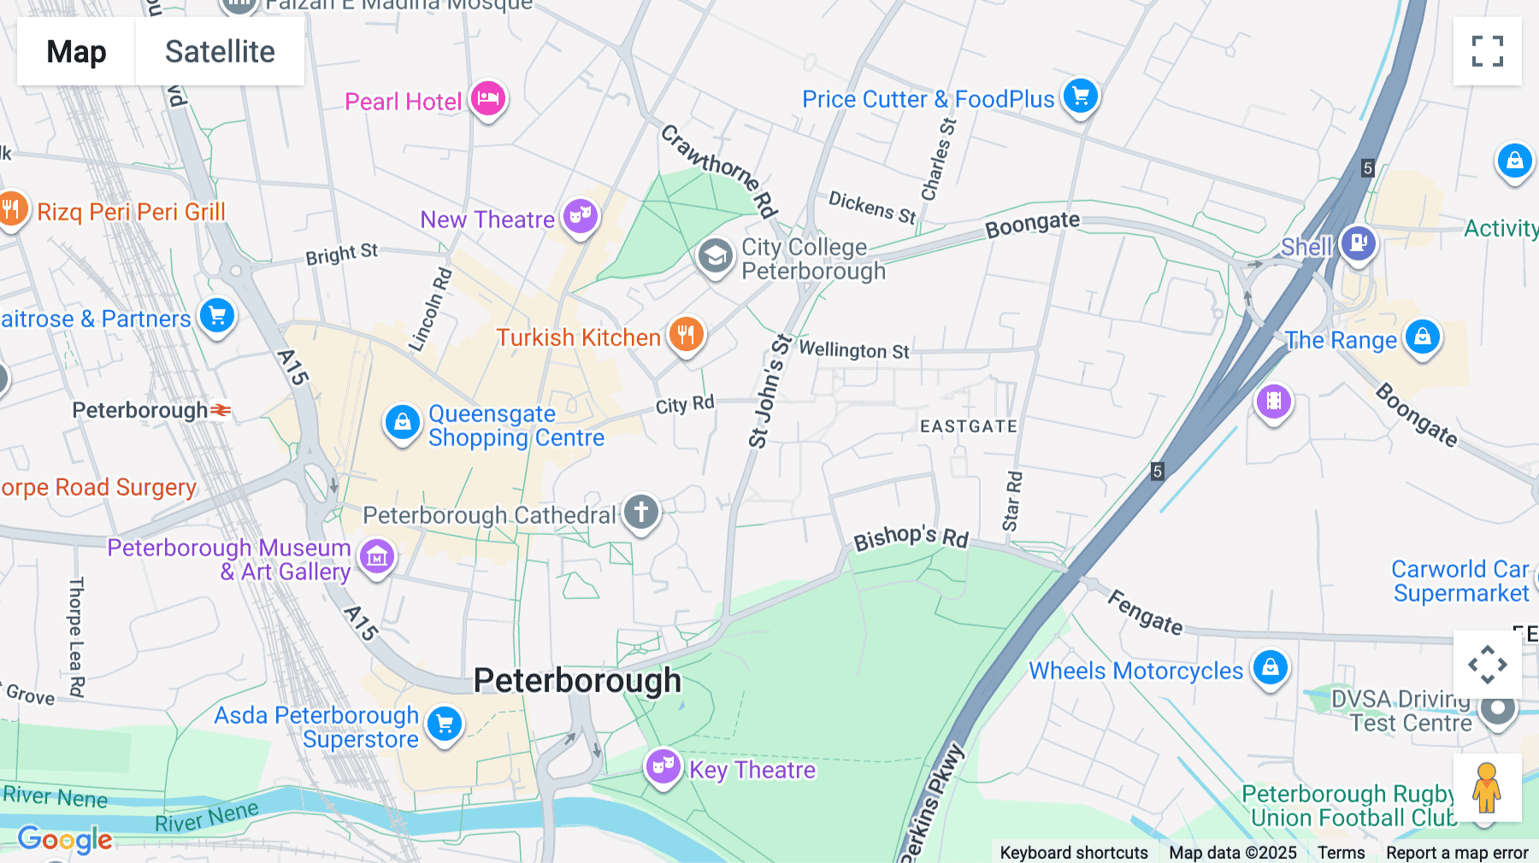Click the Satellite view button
click(x=220, y=51)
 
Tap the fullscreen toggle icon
click(x=1487, y=51)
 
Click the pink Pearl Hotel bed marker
click(x=488, y=99)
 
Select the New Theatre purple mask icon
click(x=581, y=216)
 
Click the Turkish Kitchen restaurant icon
click(x=686, y=335)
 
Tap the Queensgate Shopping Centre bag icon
click(x=402, y=422)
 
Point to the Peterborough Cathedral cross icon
click(x=641, y=513)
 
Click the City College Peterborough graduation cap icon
click(x=715, y=255)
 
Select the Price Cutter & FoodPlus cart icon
click(x=1081, y=96)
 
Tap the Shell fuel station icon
click(x=1358, y=243)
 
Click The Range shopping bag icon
click(x=1422, y=338)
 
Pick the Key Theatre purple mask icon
click(x=663, y=766)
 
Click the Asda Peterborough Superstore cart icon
click(x=445, y=725)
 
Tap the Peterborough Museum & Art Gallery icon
click(x=377, y=557)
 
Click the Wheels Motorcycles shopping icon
click(x=1270, y=667)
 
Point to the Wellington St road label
click(x=853, y=350)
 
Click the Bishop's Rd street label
click(x=911, y=537)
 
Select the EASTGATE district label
click(x=969, y=426)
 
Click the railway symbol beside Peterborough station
click(x=221, y=411)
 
